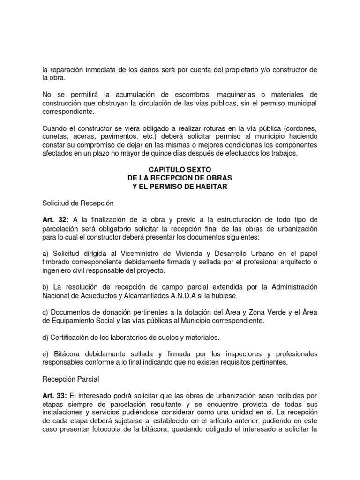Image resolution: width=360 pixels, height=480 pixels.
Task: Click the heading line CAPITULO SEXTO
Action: click(x=180, y=170)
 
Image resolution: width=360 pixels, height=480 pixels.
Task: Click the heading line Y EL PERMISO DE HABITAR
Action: click(x=180, y=187)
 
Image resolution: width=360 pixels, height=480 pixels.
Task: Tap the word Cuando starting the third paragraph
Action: click(x=54, y=128)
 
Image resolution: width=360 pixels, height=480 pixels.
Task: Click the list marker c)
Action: click(x=45, y=311)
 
